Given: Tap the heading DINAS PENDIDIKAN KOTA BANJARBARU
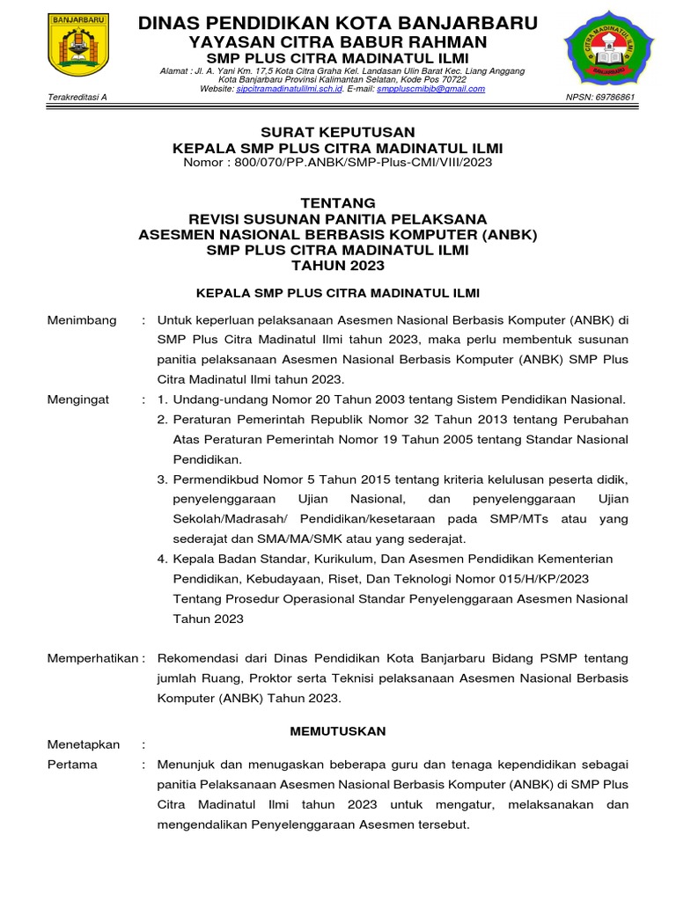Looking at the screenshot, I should (338, 21).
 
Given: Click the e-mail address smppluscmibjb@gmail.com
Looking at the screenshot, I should (430, 89).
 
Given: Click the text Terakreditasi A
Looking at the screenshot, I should (77, 97).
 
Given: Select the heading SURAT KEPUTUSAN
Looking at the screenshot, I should (337, 132).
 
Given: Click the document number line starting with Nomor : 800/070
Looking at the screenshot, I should (337, 163).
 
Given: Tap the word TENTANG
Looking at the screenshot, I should (337, 202).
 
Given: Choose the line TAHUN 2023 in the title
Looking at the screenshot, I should (337, 266).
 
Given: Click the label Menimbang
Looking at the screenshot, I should (82, 320).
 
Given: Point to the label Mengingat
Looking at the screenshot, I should (78, 399).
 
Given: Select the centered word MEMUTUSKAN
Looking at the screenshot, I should (338, 731).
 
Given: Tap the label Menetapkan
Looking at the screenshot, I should (84, 744).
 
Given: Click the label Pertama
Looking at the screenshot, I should (72, 764).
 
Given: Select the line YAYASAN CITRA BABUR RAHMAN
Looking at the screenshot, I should (338, 42).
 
